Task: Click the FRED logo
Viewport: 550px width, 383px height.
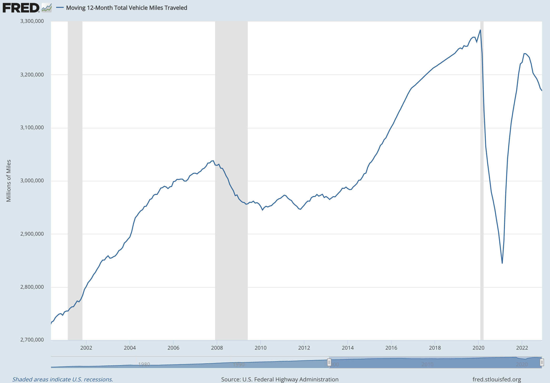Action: pos(21,8)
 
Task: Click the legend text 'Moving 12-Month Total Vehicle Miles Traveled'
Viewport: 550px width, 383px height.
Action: pos(126,8)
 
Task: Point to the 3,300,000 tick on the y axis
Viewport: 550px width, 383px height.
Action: pos(32,21)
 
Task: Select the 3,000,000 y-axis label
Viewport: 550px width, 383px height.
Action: pos(32,180)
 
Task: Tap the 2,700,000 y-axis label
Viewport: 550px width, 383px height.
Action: pos(32,340)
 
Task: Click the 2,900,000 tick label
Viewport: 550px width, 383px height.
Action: pos(32,234)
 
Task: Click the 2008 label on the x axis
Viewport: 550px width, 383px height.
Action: pos(217,348)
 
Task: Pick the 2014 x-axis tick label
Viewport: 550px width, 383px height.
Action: pos(348,348)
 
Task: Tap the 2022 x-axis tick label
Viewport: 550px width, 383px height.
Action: pos(522,348)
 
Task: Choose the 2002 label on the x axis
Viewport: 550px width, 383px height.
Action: pos(86,348)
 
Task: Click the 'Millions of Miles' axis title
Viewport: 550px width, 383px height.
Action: pos(9,181)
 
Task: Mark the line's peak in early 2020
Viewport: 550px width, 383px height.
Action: pos(480,30)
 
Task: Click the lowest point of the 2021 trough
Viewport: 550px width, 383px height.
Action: pos(502,263)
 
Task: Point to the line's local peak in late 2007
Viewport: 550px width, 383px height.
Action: pos(213,161)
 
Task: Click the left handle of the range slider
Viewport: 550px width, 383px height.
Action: pos(329,363)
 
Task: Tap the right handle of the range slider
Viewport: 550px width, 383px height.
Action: pos(542,363)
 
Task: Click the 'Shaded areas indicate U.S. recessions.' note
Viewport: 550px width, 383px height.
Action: pos(63,379)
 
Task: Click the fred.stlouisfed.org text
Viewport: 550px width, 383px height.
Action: pos(497,379)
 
